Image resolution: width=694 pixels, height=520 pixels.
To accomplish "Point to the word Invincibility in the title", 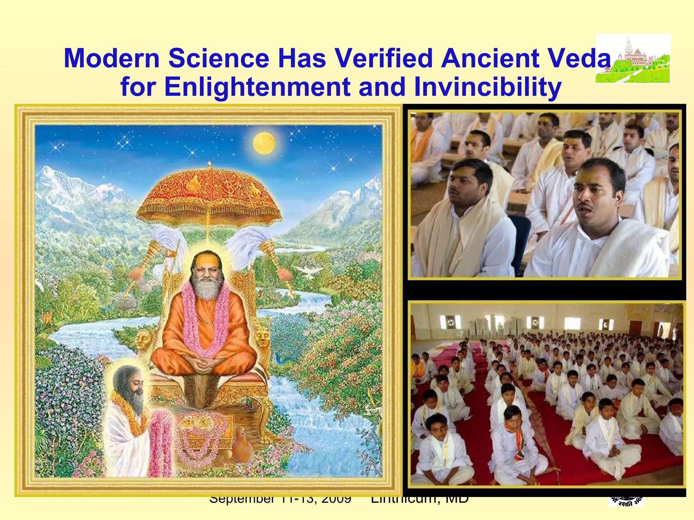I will (488, 87).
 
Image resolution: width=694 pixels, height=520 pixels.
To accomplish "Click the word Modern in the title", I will (112, 58).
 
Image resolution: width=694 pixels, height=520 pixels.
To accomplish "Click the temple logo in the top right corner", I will (633, 58).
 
